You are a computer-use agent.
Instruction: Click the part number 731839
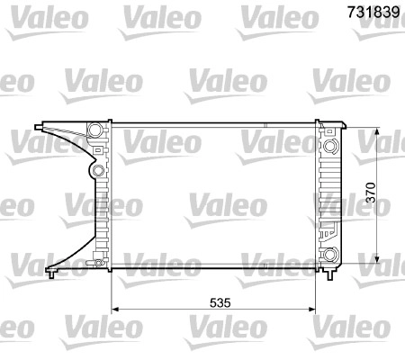[373, 12]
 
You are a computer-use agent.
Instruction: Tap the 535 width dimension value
[220, 302]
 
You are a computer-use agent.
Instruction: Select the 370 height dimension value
[371, 193]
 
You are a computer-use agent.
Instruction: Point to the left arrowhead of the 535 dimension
[115, 309]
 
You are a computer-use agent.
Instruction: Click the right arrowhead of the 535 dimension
[312, 309]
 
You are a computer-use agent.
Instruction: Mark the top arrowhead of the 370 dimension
[377, 131]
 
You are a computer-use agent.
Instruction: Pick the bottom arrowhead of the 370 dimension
[377, 258]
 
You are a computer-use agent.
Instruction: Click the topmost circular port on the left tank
[94, 130]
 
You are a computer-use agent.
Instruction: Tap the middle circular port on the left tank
[98, 171]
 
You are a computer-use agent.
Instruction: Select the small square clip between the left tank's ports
[98, 149]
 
